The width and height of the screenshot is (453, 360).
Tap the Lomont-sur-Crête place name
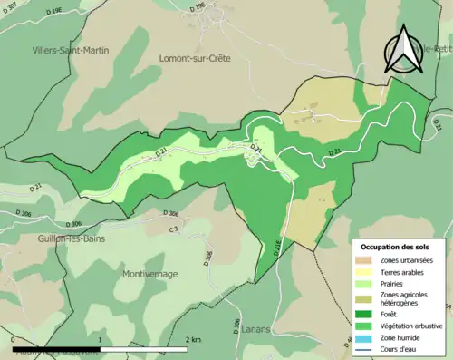(x=194, y=58)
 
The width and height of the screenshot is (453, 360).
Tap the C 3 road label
(x=172, y=229)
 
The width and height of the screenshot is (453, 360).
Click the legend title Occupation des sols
(x=395, y=247)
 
